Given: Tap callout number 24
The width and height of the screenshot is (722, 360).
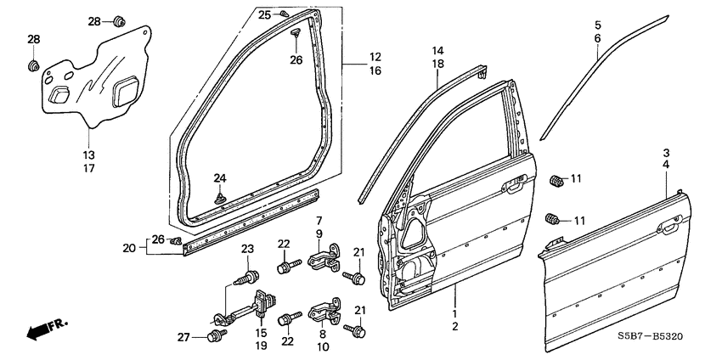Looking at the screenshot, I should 220,178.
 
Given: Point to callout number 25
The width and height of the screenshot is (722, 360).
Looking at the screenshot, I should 264,15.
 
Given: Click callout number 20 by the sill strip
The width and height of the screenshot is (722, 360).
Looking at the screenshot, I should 128,248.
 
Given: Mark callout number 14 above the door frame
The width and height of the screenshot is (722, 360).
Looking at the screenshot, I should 437,51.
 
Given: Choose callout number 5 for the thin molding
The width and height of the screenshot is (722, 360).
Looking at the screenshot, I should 597,25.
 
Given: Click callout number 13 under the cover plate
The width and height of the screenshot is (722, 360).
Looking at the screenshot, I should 89,155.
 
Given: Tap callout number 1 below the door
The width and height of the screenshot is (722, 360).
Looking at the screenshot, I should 455,312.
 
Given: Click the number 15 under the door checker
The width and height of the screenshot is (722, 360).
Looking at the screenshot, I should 261,333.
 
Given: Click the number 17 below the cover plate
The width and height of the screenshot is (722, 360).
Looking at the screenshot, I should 89,168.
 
